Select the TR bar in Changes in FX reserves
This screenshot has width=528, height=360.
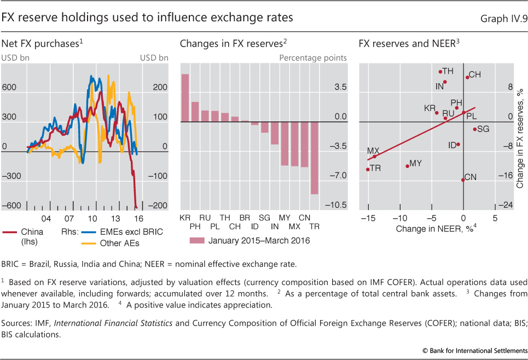click(x=314, y=158)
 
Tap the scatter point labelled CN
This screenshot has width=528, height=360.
click(x=463, y=179)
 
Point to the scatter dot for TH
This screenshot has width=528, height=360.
click(x=440, y=71)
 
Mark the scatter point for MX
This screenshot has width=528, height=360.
click(x=374, y=156)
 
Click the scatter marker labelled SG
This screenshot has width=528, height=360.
click(x=474, y=129)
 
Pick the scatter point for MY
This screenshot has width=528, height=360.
click(x=407, y=166)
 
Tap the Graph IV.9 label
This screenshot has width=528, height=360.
click(x=503, y=18)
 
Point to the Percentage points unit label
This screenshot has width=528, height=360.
click(x=312, y=57)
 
